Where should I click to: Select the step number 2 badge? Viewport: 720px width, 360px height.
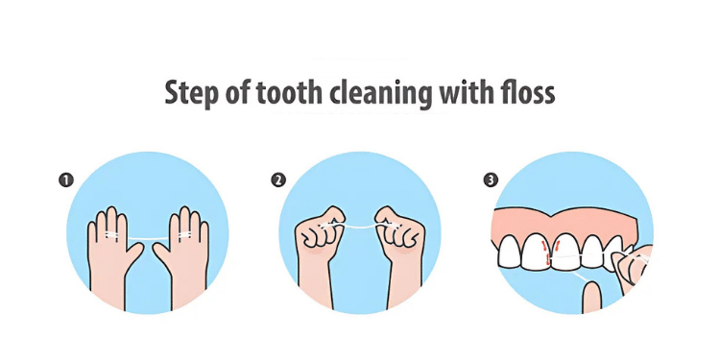click(x=278, y=180)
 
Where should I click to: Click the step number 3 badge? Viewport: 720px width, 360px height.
click(x=492, y=180)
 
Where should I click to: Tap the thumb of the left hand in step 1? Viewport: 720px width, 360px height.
click(x=135, y=253)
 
